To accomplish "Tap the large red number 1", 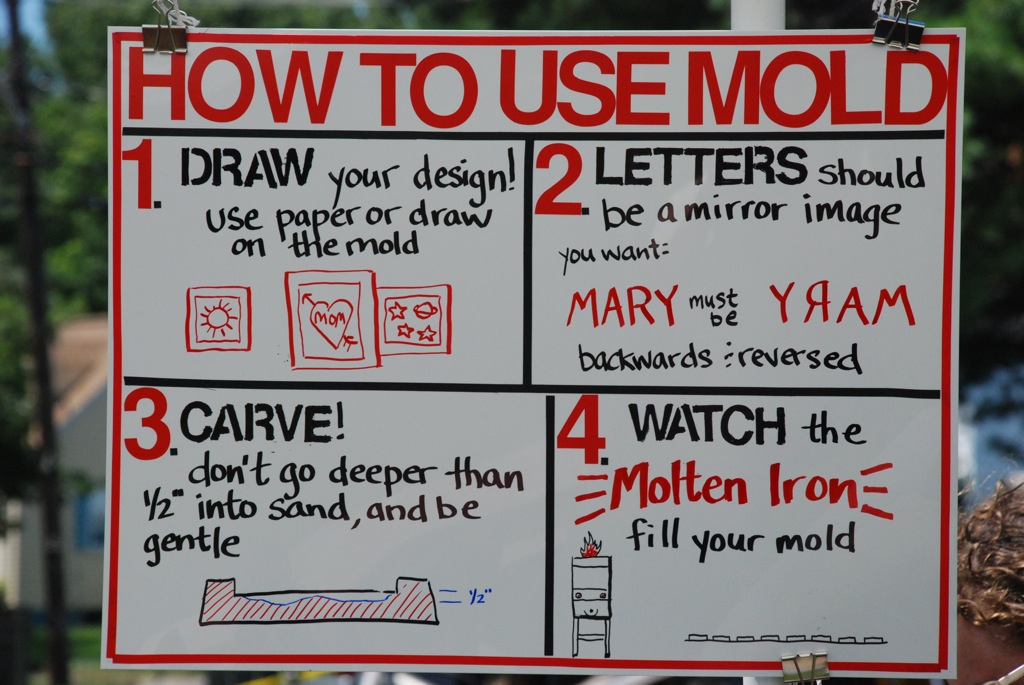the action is tap(138, 174).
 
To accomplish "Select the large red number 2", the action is tap(559, 180).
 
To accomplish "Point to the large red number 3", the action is tap(148, 423).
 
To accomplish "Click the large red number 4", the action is tap(581, 429).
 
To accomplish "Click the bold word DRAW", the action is tap(247, 167).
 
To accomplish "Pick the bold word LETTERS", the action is tap(700, 165).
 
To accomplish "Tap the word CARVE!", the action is tap(262, 422).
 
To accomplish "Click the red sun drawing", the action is tap(218, 318).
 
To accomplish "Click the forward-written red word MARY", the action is tap(622, 306).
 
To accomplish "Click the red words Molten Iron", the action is tap(735, 486).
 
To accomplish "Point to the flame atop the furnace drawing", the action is tap(590, 544).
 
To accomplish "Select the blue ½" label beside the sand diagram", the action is tap(480, 596).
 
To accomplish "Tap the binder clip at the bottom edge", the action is tap(805, 667).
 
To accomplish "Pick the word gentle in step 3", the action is tap(191, 543).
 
